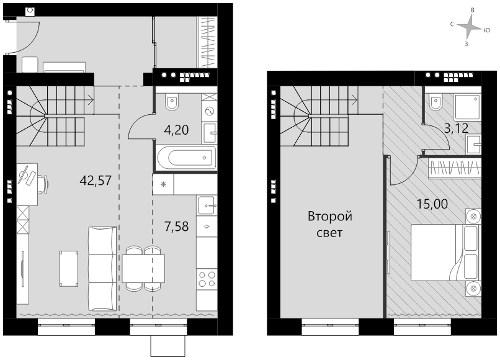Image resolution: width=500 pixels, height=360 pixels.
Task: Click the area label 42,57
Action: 96,181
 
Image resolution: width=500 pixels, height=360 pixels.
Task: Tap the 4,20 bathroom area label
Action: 176,130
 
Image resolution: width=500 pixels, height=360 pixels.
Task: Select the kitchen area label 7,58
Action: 176,227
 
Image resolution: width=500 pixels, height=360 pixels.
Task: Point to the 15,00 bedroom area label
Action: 432,204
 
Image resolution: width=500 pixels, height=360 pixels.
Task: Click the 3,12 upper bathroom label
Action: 457,128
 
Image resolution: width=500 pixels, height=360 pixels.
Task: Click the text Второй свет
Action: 330,224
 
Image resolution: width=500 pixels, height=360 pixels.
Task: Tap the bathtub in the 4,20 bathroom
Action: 186,157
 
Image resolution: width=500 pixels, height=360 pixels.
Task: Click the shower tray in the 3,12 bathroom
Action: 467,107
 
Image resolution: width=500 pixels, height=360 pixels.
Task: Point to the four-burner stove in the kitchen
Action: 207,279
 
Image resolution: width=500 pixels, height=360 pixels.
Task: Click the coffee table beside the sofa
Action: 69,268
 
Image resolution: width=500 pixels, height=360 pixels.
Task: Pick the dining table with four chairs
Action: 143,268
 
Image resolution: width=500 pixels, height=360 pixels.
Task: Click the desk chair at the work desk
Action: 43,184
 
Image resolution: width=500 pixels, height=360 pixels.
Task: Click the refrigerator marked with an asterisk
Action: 164,184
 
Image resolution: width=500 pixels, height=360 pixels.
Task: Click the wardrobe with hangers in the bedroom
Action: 454,168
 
